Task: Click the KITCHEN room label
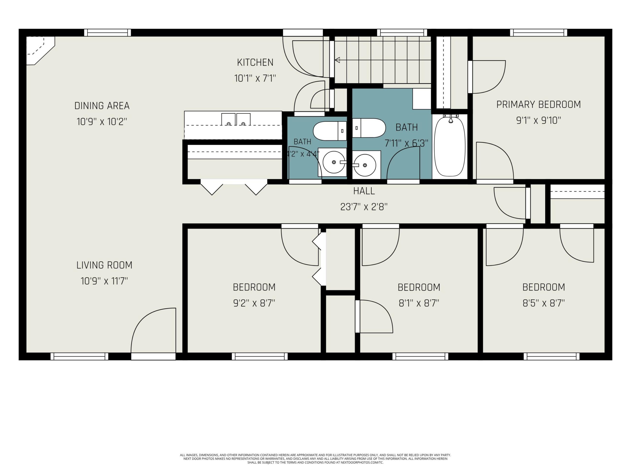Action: click(255, 62)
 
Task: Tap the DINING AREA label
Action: click(102, 106)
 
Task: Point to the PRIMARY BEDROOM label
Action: click(539, 105)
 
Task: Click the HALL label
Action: click(364, 191)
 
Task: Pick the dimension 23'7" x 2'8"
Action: click(364, 207)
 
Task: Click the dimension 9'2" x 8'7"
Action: click(254, 303)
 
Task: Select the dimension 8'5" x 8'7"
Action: click(544, 303)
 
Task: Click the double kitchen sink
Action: click(236, 119)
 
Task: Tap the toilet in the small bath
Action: click(330, 131)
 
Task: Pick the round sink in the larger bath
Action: click(365, 165)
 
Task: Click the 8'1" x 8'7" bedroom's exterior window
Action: click(420, 356)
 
